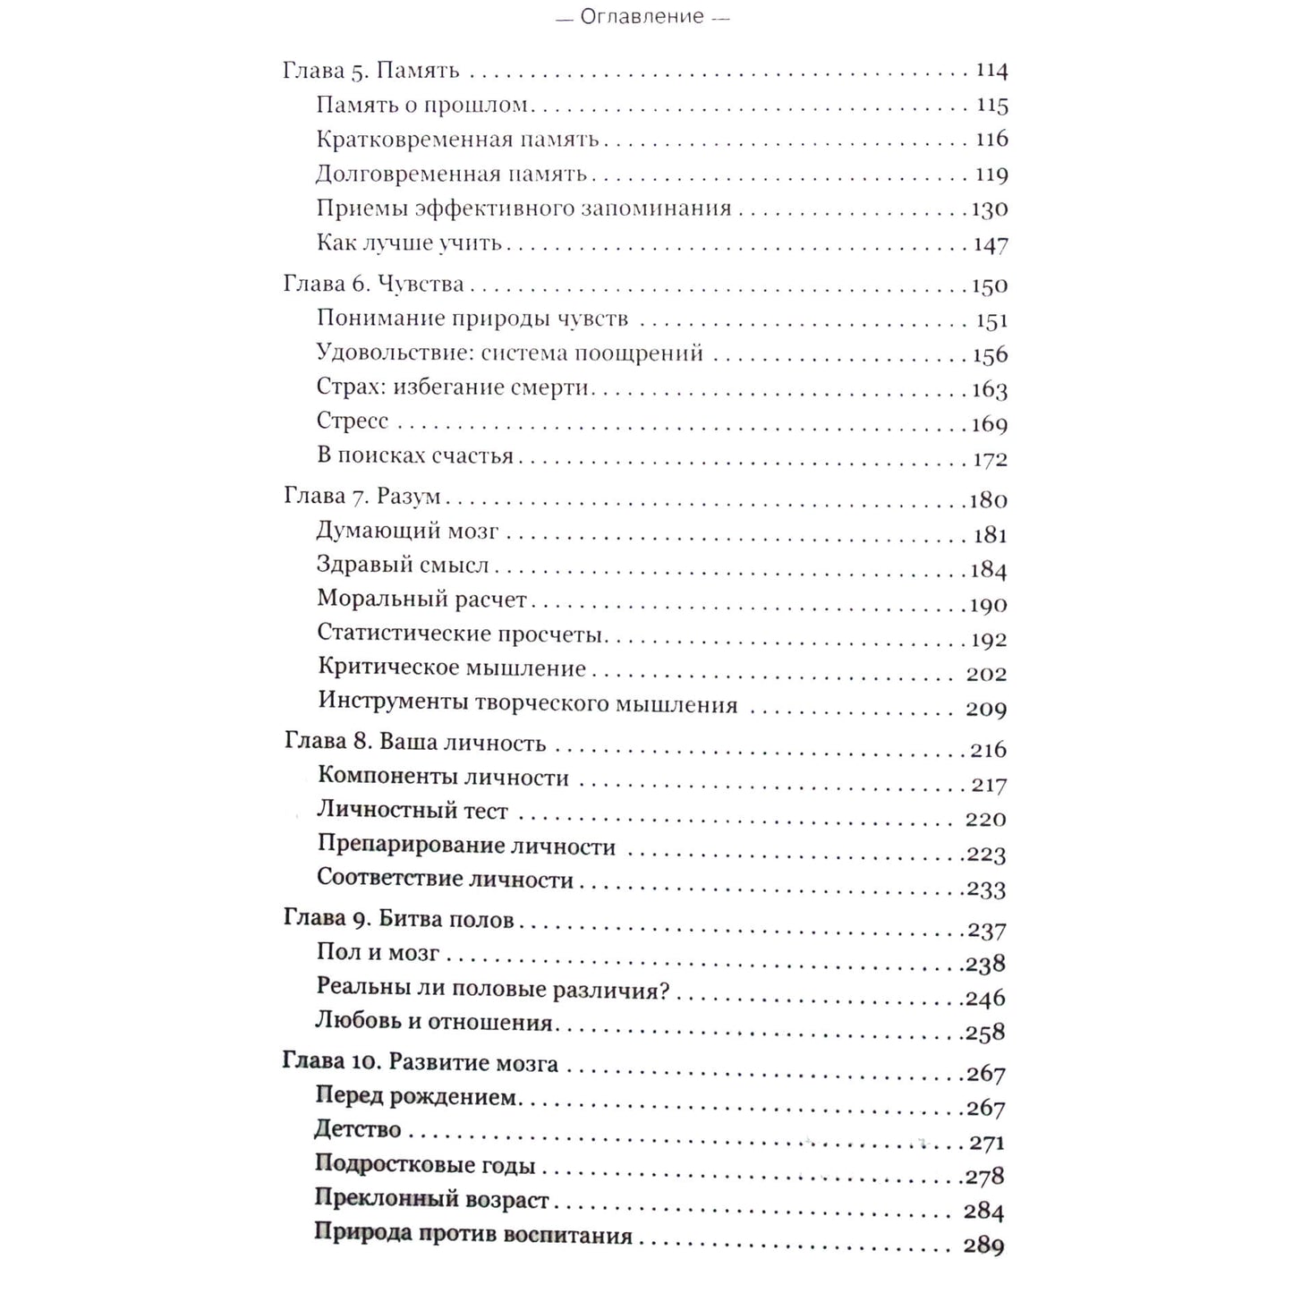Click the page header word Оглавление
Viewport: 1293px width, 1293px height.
(642, 17)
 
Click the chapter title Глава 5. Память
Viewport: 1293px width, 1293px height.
(370, 71)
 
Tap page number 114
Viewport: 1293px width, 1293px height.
(991, 71)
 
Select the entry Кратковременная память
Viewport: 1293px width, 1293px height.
(457, 140)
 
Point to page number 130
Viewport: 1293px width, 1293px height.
(990, 209)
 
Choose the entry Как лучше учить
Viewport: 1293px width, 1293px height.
(409, 243)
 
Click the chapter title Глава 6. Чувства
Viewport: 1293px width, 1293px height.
(373, 285)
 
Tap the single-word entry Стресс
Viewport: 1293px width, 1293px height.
(353, 421)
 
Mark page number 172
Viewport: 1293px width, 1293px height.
(990, 460)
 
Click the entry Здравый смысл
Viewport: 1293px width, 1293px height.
(403, 566)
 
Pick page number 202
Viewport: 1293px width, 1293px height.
(986, 674)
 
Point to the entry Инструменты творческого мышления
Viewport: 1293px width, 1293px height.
(527, 704)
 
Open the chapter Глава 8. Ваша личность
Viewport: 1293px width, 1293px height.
(414, 743)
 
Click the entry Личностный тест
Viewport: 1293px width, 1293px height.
(413, 812)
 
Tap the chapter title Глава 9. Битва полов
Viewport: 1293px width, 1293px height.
(398, 919)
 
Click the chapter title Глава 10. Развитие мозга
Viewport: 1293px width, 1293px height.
(420, 1063)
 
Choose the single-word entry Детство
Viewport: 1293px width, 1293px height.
(358, 1130)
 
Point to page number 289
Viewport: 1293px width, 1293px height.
(983, 1246)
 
